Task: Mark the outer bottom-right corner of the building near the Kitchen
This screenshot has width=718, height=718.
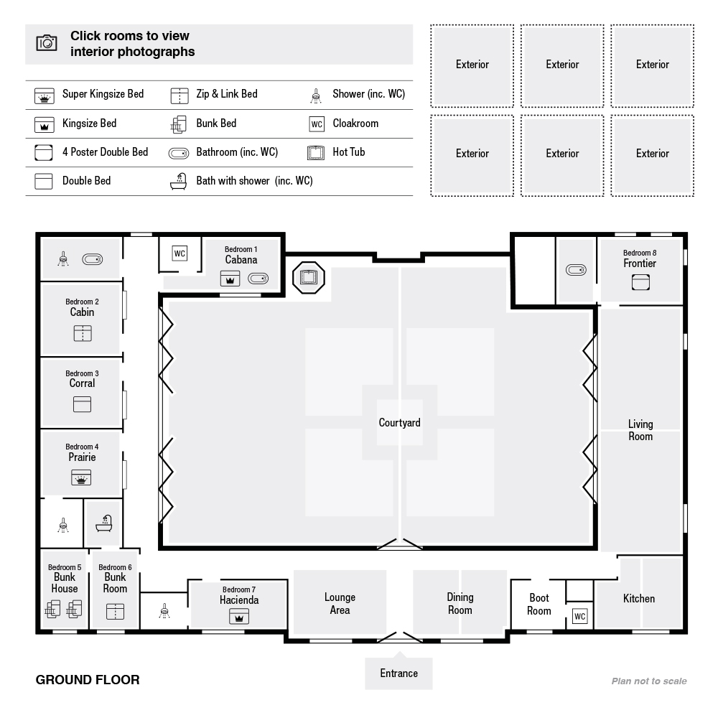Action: point(687,633)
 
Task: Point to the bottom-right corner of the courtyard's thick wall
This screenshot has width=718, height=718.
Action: point(597,549)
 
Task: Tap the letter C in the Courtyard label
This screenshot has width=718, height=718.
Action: point(382,422)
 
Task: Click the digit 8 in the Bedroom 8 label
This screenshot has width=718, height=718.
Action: point(654,253)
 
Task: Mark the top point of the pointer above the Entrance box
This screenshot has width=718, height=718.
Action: point(398,652)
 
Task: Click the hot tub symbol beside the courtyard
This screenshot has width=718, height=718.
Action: point(309,277)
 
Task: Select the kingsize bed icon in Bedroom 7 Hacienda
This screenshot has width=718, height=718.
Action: point(239,616)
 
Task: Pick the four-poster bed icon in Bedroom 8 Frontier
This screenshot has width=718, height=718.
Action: point(640,282)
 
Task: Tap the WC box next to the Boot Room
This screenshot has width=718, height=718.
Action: point(579,616)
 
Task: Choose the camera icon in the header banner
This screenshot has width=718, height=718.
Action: point(47,43)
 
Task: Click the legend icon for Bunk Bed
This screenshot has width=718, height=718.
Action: point(178,124)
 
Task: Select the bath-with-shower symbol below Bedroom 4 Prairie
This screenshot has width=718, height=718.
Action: point(104,523)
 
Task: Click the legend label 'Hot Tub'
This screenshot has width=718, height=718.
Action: point(349,152)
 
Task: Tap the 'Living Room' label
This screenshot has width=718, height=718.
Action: point(640,430)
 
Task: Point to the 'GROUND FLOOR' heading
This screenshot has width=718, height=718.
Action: point(88,680)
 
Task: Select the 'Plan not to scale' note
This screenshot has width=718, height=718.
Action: point(649,681)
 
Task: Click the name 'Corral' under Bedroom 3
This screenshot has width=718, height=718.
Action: point(82,383)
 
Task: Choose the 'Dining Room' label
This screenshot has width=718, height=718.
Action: point(460,604)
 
